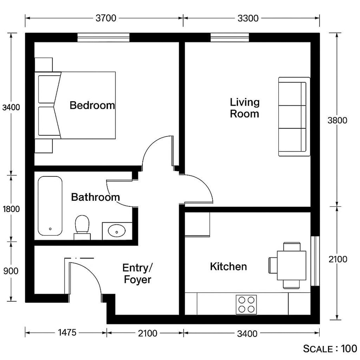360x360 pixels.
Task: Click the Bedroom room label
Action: point(92,106)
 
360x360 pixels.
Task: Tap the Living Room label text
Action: point(244,108)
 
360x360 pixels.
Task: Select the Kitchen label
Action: point(228,266)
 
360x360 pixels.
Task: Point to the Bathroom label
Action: point(95,197)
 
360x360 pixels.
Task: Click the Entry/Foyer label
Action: point(137,274)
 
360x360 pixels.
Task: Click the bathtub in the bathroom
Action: point(50,206)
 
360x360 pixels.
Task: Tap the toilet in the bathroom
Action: point(82,226)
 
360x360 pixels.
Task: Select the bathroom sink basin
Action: point(117,231)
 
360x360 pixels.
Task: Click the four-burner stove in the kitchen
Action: point(246,304)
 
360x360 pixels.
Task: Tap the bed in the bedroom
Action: point(76,105)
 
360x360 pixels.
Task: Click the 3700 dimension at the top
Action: point(106,18)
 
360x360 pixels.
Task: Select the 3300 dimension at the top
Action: point(248,18)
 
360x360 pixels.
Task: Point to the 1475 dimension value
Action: point(66,333)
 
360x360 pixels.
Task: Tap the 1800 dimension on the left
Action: point(11,209)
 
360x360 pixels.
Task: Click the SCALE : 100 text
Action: point(330,349)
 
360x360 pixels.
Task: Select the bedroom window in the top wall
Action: point(103,38)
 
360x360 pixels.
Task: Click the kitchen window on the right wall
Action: point(316,261)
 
